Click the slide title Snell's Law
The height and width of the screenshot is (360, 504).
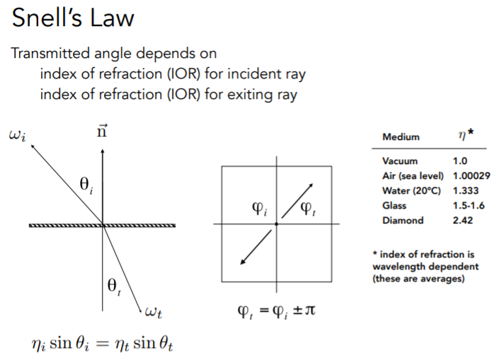pyautogui.click(x=73, y=17)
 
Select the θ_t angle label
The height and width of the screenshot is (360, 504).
pyautogui.click(x=113, y=286)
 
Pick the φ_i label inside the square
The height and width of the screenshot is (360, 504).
pyautogui.click(x=260, y=209)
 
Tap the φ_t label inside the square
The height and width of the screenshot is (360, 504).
pyautogui.click(x=310, y=209)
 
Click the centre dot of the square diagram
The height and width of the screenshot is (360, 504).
pyautogui.click(x=276, y=224)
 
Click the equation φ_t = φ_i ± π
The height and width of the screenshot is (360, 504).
pyautogui.click(x=276, y=310)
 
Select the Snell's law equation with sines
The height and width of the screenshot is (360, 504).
pyautogui.click(x=103, y=344)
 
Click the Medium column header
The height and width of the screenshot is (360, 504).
pyautogui.click(x=401, y=137)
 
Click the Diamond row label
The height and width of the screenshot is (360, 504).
pyautogui.click(x=403, y=220)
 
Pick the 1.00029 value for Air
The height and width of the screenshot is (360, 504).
pyautogui.click(x=472, y=175)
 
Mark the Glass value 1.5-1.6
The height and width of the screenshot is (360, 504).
pyautogui.click(x=469, y=205)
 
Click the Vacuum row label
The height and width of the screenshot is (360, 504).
pyautogui.click(x=401, y=161)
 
